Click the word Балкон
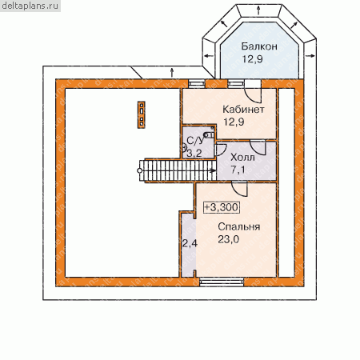click(259, 46)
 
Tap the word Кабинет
click(243, 110)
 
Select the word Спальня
click(239, 227)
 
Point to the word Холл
click(242, 158)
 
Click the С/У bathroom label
click(195, 141)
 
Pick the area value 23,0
click(229, 239)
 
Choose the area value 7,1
click(238, 170)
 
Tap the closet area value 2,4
click(190, 243)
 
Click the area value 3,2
click(194, 154)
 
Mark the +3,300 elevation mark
click(222, 207)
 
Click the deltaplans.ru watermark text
click(30, 6)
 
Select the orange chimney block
click(142, 114)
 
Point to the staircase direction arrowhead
click(213, 170)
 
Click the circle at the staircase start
click(140, 170)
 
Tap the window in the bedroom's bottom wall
click(222, 282)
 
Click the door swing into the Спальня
click(239, 189)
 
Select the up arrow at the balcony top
click(258, 10)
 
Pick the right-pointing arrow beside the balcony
click(310, 55)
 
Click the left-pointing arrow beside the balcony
click(209, 56)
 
